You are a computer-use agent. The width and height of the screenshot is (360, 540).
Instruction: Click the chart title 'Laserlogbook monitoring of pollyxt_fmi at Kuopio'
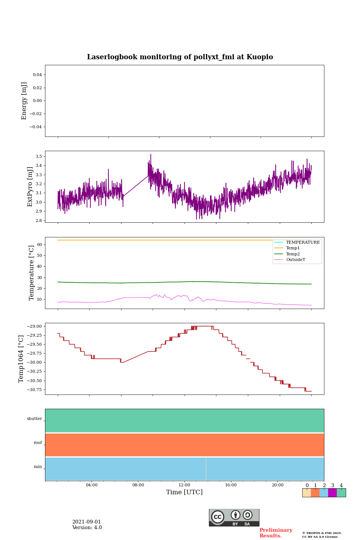[x=180, y=57]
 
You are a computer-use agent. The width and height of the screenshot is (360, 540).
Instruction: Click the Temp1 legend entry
[x=293, y=248]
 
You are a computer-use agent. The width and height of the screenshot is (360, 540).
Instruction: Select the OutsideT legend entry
[x=295, y=260]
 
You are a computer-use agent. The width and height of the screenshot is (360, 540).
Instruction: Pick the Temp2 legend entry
[x=293, y=254]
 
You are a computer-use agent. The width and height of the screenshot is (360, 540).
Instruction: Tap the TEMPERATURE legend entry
[x=303, y=243]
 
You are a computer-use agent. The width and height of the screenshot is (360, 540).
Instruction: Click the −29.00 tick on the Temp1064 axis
[x=34, y=326]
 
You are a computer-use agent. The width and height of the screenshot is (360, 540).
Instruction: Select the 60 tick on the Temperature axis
[x=39, y=244]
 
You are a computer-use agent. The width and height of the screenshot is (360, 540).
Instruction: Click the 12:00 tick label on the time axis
[x=184, y=485]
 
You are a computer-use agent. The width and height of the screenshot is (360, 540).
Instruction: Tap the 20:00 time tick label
[x=277, y=485]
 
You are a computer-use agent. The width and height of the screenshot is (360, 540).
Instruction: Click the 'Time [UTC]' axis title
[x=184, y=492]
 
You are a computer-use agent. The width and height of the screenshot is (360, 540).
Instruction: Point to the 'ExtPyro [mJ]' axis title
[x=30, y=187]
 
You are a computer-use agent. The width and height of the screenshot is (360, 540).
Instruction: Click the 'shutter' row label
[x=34, y=419]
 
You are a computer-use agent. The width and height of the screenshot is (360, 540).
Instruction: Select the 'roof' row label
[x=38, y=443]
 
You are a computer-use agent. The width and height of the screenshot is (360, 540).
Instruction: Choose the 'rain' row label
[x=38, y=467]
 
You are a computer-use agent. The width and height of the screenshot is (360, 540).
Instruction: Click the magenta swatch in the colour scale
[x=332, y=493]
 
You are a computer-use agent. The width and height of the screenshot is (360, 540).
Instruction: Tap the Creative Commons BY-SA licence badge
[x=234, y=517]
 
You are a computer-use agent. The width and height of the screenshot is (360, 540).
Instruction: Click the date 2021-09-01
[x=87, y=522]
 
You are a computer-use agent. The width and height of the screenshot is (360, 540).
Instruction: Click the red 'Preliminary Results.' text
[x=276, y=533]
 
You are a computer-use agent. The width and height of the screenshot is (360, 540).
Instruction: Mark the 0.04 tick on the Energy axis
[x=37, y=75]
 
